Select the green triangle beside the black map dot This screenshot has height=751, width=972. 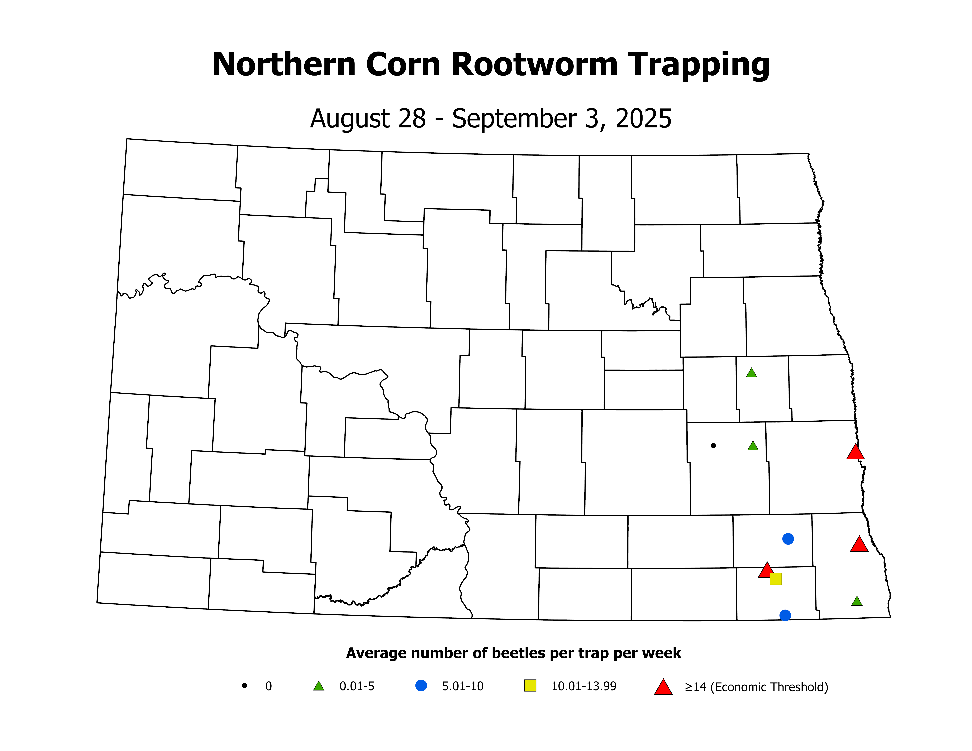coord(753,446)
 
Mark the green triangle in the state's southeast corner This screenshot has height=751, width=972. coord(857,602)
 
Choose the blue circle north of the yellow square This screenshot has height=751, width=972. coord(788,539)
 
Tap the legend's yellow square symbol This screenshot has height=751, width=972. coord(530,686)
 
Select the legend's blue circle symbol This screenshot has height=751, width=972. coord(421,686)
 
